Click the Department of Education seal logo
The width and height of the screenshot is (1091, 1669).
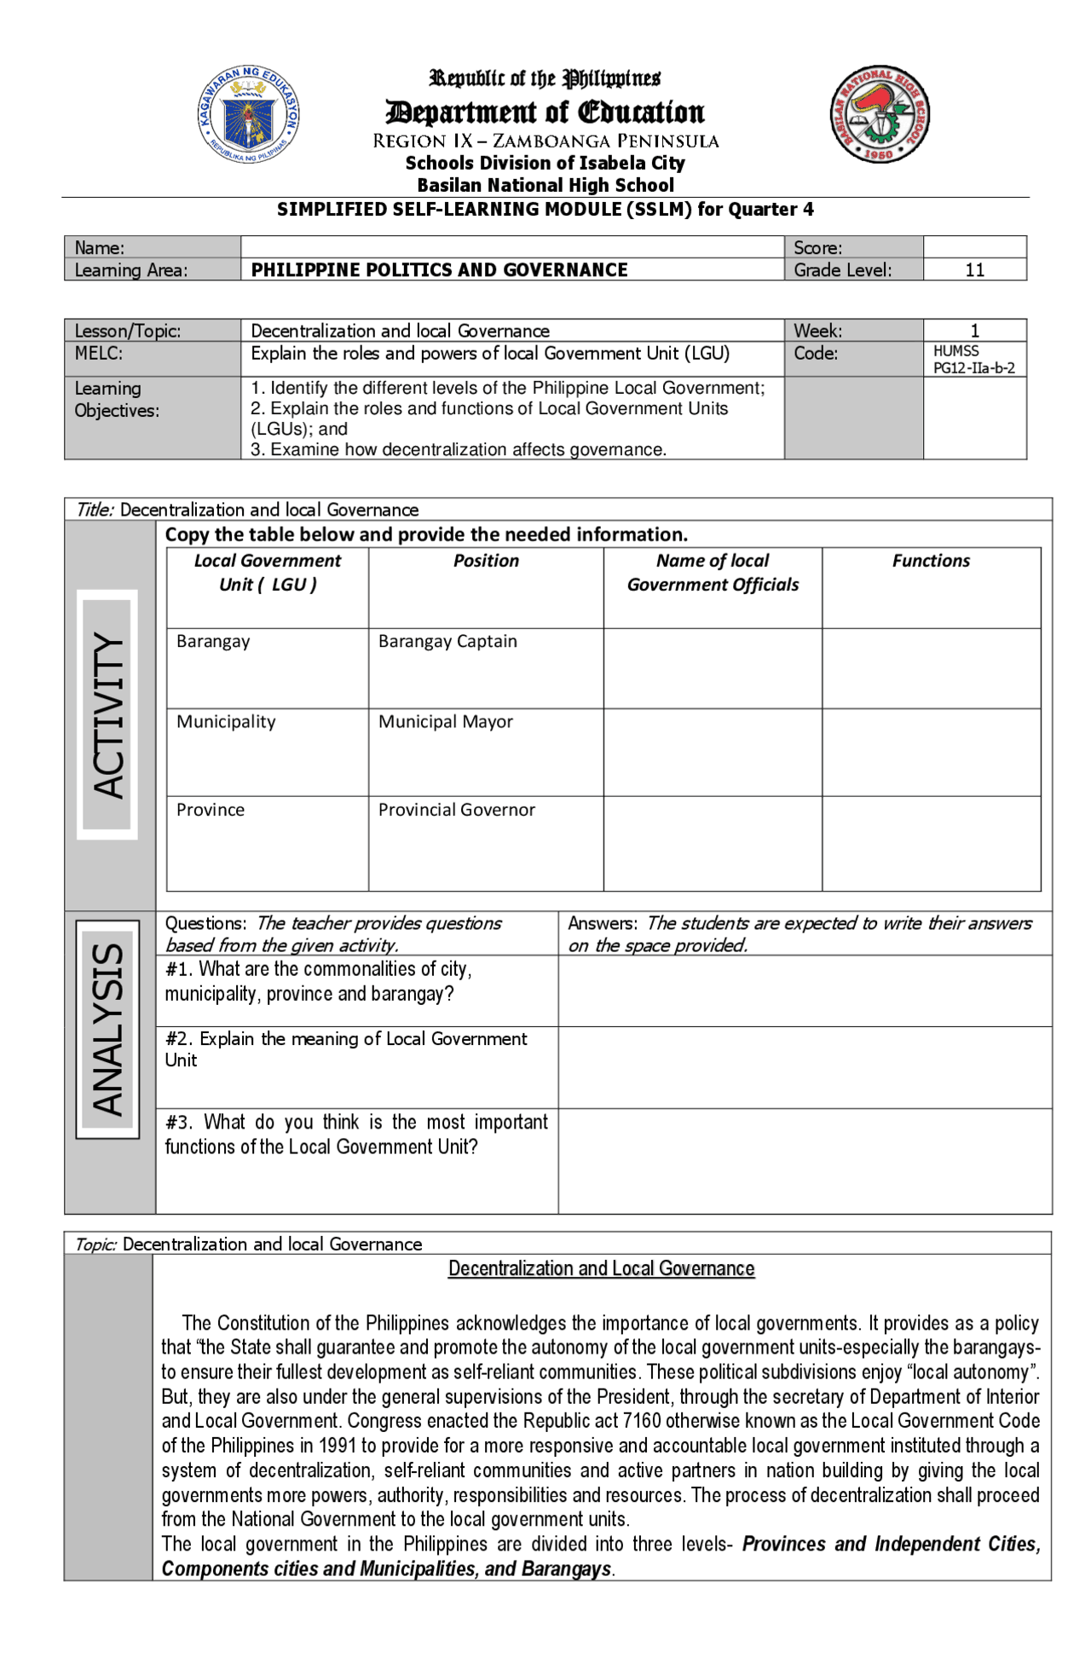point(248,115)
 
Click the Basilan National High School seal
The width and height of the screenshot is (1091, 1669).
point(879,115)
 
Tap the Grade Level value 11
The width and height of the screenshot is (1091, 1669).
point(974,270)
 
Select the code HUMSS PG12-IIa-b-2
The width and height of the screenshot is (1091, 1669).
point(973,360)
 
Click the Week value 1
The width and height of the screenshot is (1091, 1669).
point(974,331)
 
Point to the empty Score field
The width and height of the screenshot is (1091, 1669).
point(974,247)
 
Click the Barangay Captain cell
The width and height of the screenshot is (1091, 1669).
point(447,642)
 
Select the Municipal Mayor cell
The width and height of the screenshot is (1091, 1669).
point(445,722)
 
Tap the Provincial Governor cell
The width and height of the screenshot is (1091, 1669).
point(456,810)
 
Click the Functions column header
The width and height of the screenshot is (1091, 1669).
point(931,561)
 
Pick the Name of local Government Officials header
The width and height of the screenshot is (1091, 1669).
point(713,573)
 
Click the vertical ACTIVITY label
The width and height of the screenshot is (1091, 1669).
point(108,714)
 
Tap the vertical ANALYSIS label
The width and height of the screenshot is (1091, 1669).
point(108,1029)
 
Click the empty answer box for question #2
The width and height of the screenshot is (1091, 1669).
point(805,1067)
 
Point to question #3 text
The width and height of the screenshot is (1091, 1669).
point(355,1135)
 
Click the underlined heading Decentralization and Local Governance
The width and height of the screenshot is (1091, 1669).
point(601,1269)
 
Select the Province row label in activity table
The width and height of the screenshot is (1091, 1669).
point(211,810)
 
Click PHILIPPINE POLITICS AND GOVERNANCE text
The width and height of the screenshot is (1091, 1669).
point(439,270)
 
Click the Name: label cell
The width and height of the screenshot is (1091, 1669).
point(100,248)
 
